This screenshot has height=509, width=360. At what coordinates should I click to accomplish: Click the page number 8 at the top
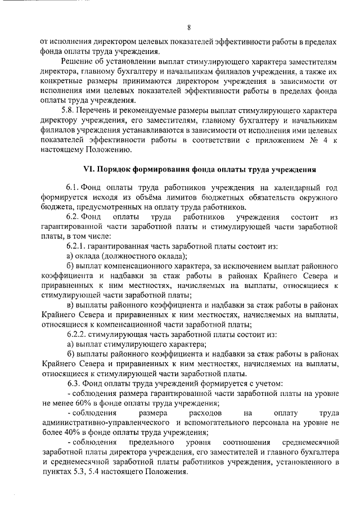click(190, 28)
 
